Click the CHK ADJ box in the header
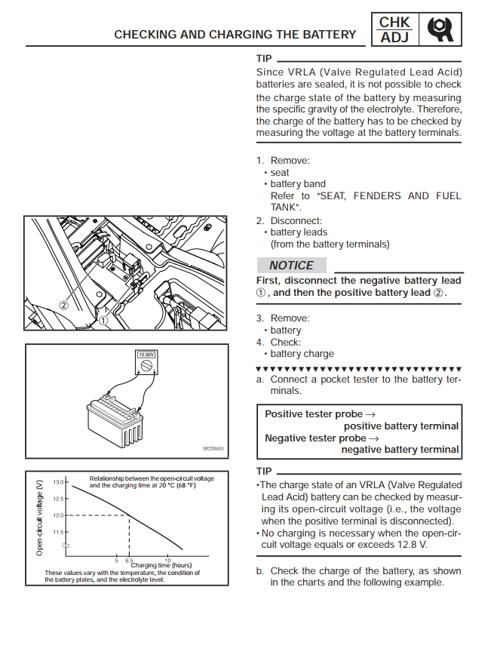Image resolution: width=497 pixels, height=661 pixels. click(394, 29)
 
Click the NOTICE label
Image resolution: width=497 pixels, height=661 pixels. click(291, 266)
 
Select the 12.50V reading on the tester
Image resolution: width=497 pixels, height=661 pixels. click(146, 355)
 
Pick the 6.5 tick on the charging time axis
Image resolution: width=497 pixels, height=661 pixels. click(129, 561)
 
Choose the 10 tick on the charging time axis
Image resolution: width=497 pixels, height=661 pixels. click(167, 561)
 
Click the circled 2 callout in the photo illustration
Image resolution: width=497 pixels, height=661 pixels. click(63, 306)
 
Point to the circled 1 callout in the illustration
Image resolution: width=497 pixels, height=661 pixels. click(103, 321)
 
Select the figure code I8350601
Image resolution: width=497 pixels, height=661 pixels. click(213, 448)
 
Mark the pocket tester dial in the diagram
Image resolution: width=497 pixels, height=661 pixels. click(146, 365)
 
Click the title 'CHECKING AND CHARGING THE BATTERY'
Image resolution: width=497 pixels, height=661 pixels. click(235, 35)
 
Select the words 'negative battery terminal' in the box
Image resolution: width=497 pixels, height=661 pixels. click(400, 450)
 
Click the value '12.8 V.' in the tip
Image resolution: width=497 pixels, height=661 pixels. click(412, 545)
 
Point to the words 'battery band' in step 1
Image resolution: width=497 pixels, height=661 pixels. click(298, 184)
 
